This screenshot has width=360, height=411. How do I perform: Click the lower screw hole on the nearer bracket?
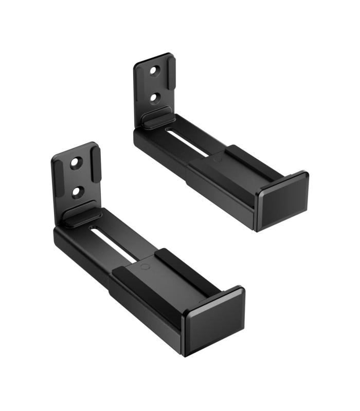tap(78, 191)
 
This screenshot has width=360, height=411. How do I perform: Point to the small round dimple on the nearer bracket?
tap(145, 267)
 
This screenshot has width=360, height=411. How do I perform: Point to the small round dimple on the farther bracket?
tap(217, 160)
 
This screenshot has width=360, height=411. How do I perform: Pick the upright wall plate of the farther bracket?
tap(154, 82)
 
